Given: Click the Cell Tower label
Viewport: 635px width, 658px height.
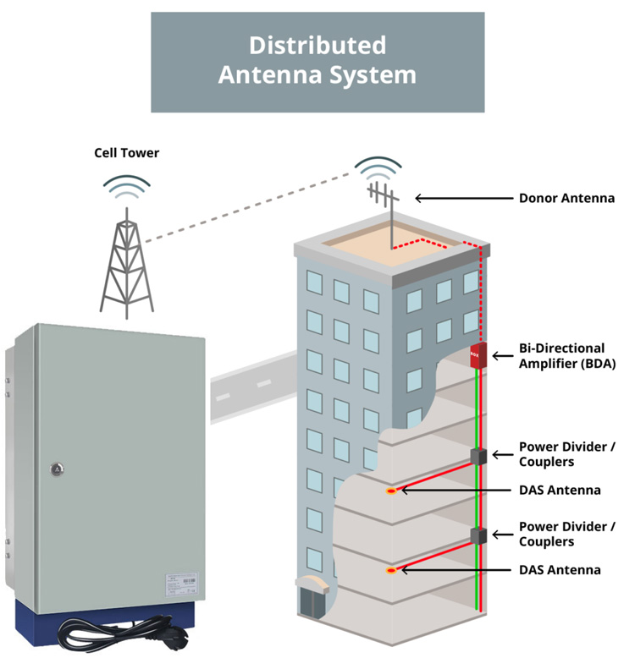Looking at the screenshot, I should pyautogui.click(x=126, y=153).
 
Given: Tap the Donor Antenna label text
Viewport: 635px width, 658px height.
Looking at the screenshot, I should pyautogui.click(x=566, y=199).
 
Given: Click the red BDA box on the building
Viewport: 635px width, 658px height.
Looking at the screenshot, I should pyautogui.click(x=477, y=355).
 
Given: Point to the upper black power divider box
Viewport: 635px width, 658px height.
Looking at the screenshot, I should pyautogui.click(x=478, y=456).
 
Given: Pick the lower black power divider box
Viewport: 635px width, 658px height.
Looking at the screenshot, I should pyautogui.click(x=478, y=535).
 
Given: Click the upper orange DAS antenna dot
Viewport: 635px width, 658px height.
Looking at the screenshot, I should pyautogui.click(x=391, y=491).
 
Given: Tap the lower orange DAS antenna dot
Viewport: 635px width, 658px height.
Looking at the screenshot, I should pyautogui.click(x=391, y=571).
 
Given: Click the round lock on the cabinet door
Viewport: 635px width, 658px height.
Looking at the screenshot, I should pyautogui.click(x=57, y=468).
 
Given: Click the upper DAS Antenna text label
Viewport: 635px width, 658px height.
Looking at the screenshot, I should pyautogui.click(x=560, y=490).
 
